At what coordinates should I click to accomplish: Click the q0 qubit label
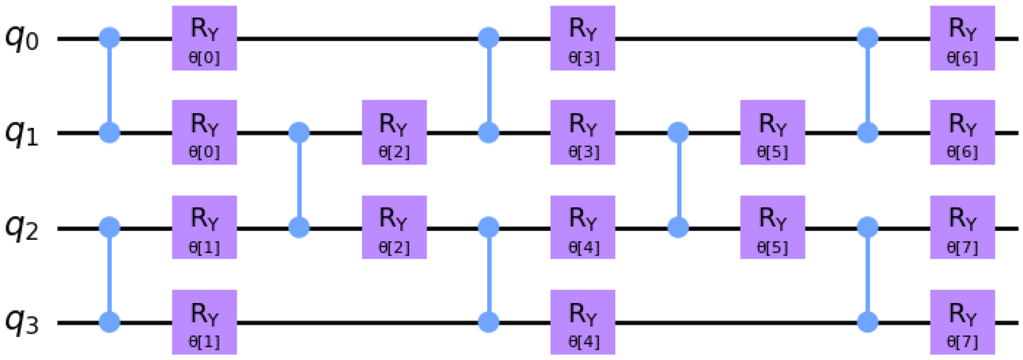(22, 39)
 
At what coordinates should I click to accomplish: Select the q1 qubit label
(22, 133)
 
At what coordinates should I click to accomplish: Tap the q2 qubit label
(22, 228)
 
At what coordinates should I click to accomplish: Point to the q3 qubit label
(22, 323)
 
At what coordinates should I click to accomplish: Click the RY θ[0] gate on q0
(204, 38)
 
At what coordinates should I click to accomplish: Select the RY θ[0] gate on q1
(204, 132)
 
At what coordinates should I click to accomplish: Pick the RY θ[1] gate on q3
(204, 322)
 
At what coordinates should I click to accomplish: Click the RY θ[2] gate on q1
(394, 132)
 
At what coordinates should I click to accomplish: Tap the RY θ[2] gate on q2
(394, 227)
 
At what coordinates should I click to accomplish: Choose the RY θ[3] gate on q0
(583, 38)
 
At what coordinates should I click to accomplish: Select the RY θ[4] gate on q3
(583, 322)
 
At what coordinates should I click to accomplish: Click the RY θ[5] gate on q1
(772, 132)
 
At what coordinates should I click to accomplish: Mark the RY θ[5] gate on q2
(772, 227)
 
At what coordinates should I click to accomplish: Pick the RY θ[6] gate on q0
(962, 38)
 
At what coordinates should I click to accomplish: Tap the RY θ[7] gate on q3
(962, 322)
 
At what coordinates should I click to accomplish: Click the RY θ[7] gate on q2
(962, 227)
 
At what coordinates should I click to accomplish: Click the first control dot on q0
(110, 38)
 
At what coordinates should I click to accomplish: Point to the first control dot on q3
(110, 322)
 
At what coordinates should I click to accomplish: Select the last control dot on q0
(868, 38)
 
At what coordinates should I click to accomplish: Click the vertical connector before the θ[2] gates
(299, 180)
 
